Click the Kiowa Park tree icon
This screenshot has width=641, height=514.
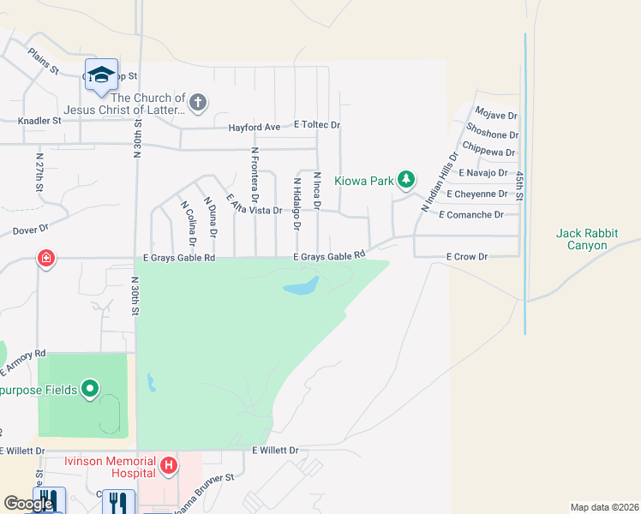(x=407, y=180)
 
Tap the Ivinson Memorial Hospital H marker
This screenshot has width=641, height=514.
(x=170, y=467)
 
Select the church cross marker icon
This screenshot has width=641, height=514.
(x=198, y=104)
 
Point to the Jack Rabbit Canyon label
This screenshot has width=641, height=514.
(x=593, y=239)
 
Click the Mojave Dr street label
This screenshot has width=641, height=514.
(x=497, y=115)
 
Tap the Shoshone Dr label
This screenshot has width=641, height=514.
(x=492, y=134)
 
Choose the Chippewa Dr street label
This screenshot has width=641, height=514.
(x=488, y=152)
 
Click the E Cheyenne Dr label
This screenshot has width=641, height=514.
(x=482, y=194)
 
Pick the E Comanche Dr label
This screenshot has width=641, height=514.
(x=470, y=215)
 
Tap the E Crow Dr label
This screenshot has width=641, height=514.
(x=466, y=256)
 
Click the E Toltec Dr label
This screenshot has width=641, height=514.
(x=317, y=125)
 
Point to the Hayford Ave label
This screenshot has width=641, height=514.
(x=254, y=128)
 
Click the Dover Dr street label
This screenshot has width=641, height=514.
(x=31, y=230)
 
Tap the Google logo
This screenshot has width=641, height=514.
(x=28, y=504)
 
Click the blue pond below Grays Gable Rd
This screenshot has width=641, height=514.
(x=301, y=286)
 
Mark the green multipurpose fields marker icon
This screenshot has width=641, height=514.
(x=90, y=391)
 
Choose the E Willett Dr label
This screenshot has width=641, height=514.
(x=275, y=450)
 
